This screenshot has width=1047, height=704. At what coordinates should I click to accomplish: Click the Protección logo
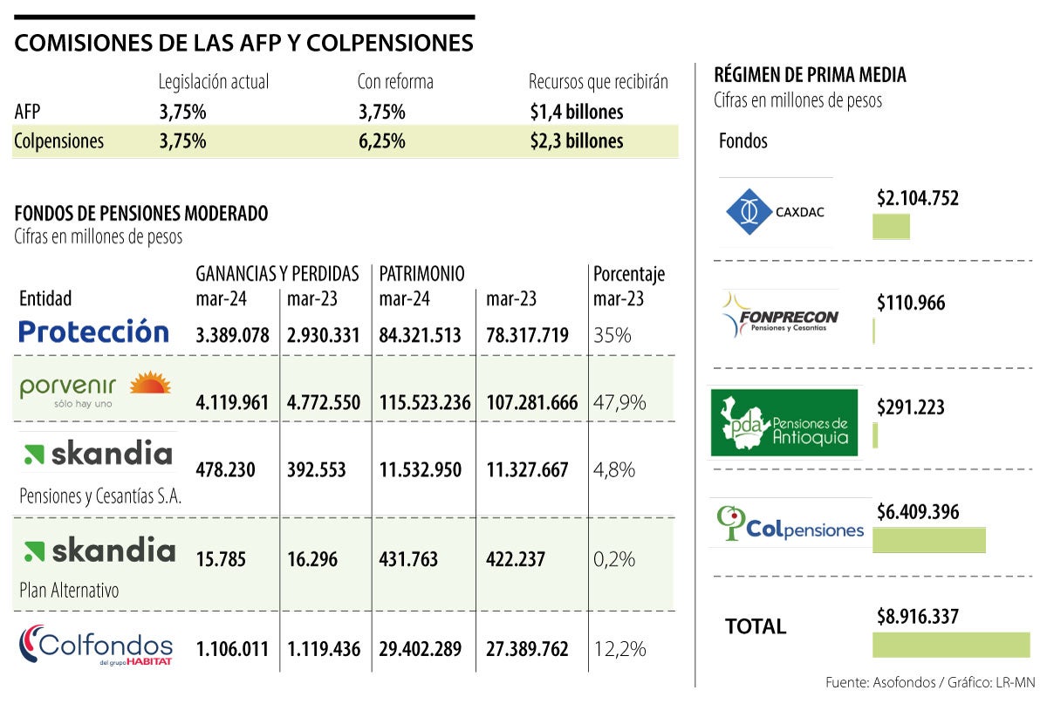pyautogui.click(x=93, y=332)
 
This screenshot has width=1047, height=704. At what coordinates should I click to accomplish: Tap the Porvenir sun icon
pyautogui.click(x=150, y=383)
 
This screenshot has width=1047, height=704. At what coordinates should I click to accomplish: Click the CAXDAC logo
pyautogui.click(x=776, y=211)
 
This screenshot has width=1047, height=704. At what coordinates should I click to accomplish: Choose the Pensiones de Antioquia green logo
pyautogui.click(x=784, y=422)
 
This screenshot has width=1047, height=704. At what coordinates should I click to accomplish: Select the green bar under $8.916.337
pyautogui.click(x=951, y=645)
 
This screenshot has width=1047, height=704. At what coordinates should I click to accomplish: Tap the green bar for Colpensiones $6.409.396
pyautogui.click(x=929, y=540)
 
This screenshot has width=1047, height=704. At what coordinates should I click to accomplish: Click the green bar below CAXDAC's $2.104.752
pyautogui.click(x=891, y=227)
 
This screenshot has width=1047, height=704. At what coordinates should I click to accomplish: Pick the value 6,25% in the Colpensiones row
pyautogui.click(x=381, y=141)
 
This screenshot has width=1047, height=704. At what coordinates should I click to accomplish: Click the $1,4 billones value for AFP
pyautogui.click(x=576, y=112)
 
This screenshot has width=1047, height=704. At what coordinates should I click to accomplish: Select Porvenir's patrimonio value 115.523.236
pyautogui.click(x=425, y=403)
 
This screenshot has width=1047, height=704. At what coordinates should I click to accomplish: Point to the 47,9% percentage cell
pyautogui.click(x=619, y=402)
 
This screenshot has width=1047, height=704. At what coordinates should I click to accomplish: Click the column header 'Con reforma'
pyautogui.click(x=395, y=82)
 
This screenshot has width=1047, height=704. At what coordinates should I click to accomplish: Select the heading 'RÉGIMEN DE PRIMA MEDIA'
pyautogui.click(x=810, y=75)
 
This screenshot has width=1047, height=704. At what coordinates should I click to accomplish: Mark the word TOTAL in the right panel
pyautogui.click(x=756, y=626)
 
